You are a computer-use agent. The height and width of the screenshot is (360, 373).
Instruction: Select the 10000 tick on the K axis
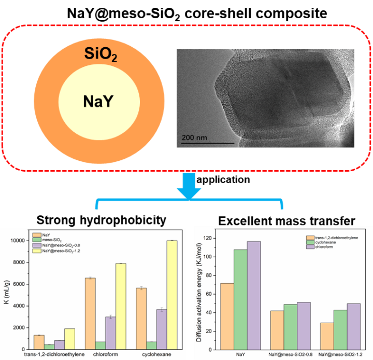[x=19, y=241]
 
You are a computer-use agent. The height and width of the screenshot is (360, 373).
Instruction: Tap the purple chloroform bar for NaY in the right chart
[x=254, y=295]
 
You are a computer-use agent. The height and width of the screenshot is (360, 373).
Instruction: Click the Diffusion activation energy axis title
[x=200, y=294]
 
